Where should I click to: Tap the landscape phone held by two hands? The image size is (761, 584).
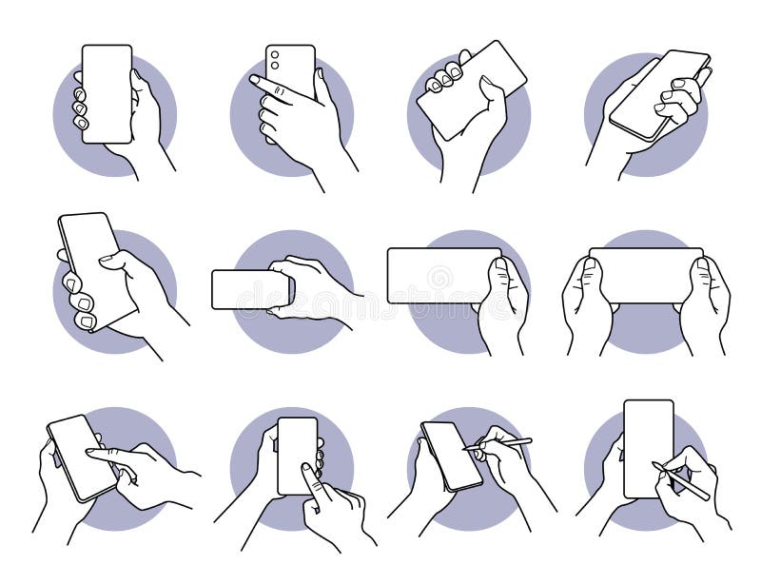coord(646,276)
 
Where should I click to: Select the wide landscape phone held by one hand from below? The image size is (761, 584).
coord(442,275)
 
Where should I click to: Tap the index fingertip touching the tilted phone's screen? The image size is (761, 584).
coord(92,453)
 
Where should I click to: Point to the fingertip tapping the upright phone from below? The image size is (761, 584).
coord(307,469)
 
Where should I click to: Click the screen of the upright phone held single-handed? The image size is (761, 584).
coord(107,93)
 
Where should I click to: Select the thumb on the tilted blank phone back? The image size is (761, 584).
coord(491,88)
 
